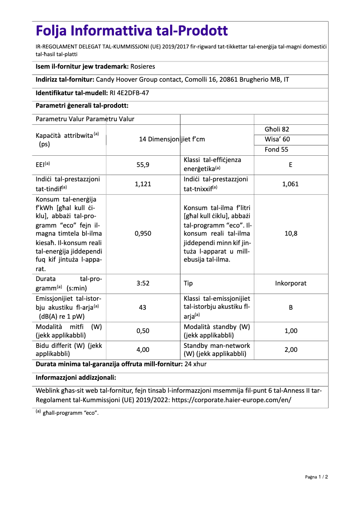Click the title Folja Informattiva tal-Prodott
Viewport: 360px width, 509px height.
132,31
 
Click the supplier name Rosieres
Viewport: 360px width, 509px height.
142,66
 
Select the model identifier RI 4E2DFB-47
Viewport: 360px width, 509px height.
129,93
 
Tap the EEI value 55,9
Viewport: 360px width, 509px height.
143,165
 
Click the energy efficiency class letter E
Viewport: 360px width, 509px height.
290,165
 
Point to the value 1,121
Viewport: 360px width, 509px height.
143,184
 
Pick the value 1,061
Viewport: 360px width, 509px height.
290,184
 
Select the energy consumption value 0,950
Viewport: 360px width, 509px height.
143,233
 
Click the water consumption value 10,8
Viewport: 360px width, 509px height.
290,233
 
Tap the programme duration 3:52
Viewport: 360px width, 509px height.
143,283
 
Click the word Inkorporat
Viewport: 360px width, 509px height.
290,283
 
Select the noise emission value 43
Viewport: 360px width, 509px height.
143,307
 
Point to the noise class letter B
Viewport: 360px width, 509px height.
290,307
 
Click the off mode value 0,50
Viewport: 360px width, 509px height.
143,331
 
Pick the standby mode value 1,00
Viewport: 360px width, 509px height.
290,331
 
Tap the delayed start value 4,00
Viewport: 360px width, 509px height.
143,350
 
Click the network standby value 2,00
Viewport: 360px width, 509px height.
290,350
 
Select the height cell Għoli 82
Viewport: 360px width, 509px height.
277,129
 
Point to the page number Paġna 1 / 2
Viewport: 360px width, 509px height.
316,477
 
